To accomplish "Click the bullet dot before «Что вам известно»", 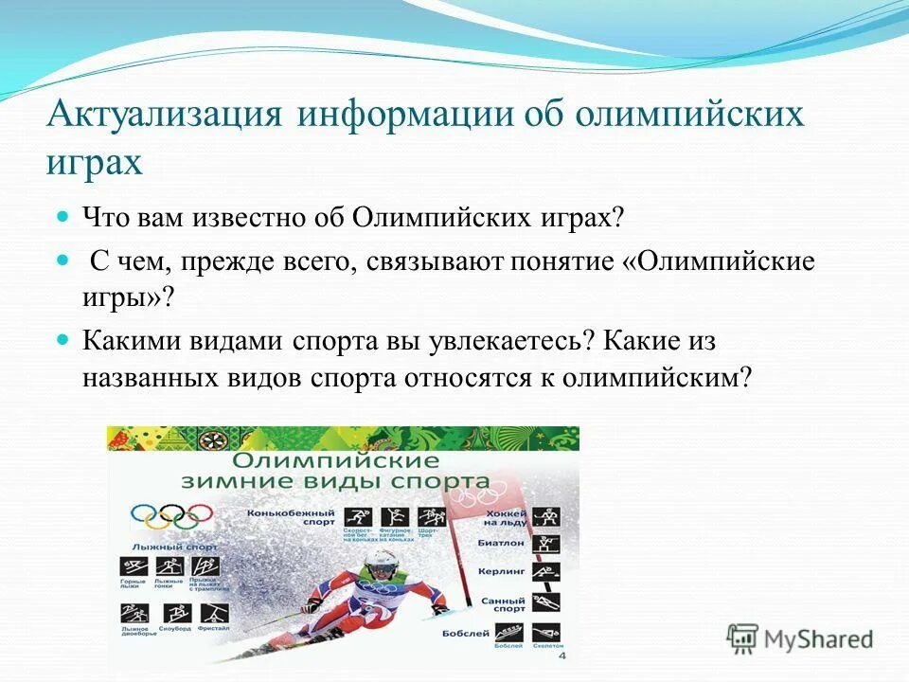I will pyautogui.click(x=64, y=218).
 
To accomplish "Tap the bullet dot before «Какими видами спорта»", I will pyautogui.click(x=64, y=339).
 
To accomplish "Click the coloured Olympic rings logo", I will pyautogui.click(x=171, y=516).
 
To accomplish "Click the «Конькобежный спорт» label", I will pyautogui.click(x=277, y=517).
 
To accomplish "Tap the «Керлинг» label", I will pyautogui.click(x=503, y=573).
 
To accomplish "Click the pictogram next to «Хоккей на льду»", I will pyautogui.click(x=545, y=517).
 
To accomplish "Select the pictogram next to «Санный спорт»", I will pyautogui.click(x=545, y=602).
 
